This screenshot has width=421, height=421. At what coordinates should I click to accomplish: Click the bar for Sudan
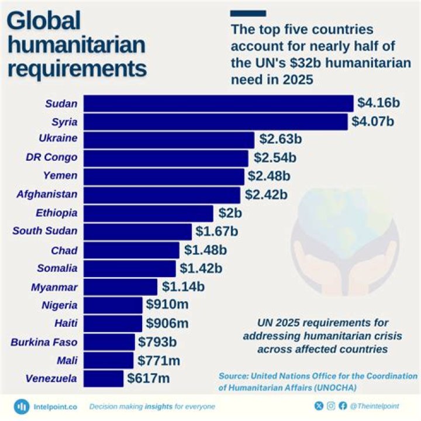point(219,103)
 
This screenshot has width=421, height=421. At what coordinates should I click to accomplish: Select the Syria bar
point(216,122)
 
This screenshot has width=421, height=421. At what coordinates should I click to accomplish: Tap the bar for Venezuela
point(103,378)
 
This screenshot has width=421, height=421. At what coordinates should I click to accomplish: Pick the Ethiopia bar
point(149,213)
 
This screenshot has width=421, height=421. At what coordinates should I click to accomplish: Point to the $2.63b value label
point(280,140)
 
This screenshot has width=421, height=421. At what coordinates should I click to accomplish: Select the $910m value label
point(167,305)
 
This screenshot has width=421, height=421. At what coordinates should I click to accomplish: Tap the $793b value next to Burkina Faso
point(159,341)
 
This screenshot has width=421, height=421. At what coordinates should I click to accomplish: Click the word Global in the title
point(43,21)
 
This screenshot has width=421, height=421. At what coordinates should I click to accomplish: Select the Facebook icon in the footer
point(342,406)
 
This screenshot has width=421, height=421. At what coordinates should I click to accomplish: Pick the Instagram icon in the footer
point(330,406)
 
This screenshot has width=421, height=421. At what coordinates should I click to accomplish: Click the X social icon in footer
point(319,406)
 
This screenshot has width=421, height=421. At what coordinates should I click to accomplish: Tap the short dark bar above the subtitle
point(248,13)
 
